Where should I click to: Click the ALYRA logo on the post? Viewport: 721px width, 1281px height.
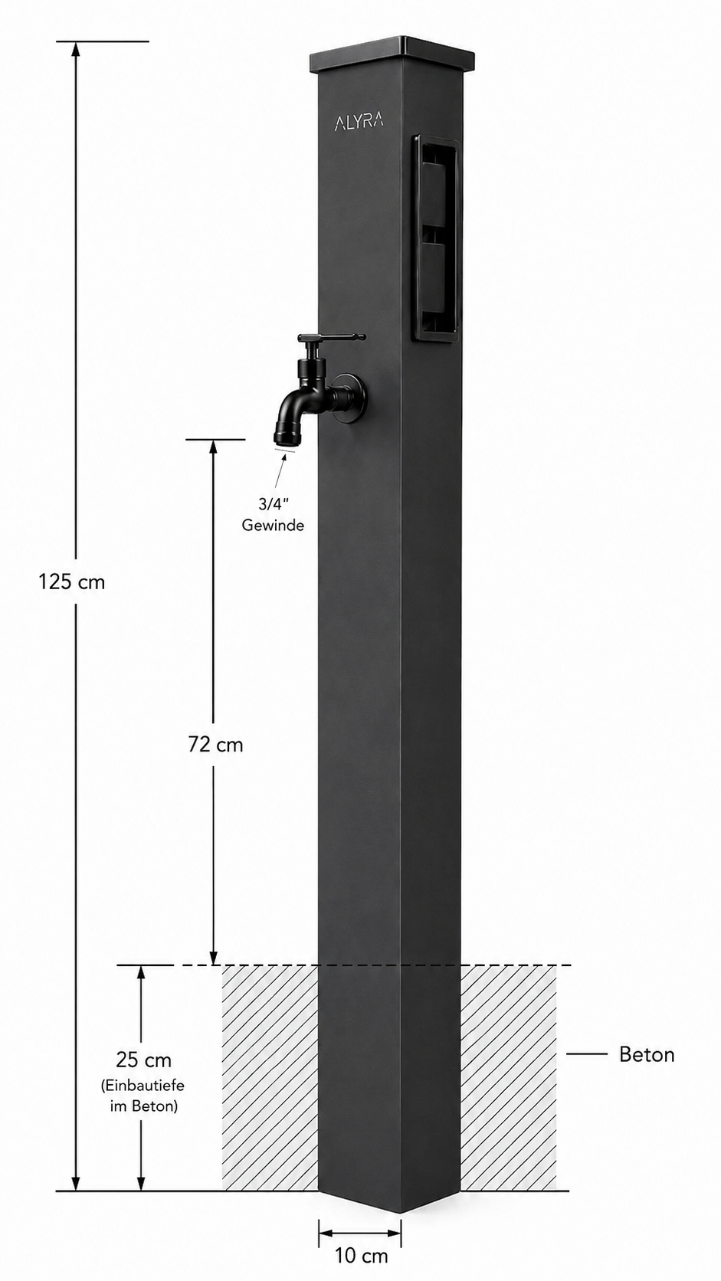[359, 122]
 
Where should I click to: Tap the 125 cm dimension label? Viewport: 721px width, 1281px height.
[72, 582]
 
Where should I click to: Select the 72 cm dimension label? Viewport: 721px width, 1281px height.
[215, 745]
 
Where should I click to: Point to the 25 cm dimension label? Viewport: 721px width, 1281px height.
[143, 1060]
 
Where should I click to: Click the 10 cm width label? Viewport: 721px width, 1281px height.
[362, 1256]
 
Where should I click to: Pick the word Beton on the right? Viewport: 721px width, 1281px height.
[647, 1054]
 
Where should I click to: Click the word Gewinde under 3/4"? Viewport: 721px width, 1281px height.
[273, 525]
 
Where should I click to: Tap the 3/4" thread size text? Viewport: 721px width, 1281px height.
[272, 504]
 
